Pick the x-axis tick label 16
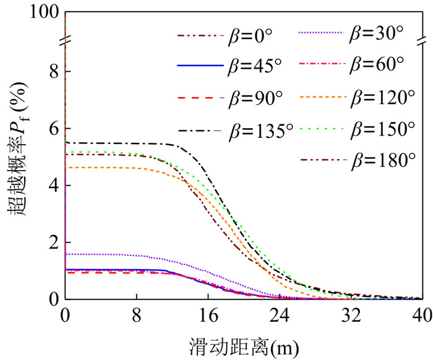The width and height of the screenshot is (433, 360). coord(207,314)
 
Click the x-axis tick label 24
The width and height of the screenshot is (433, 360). coord(278,314)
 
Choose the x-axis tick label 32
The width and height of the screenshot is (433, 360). coord(350,314)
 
